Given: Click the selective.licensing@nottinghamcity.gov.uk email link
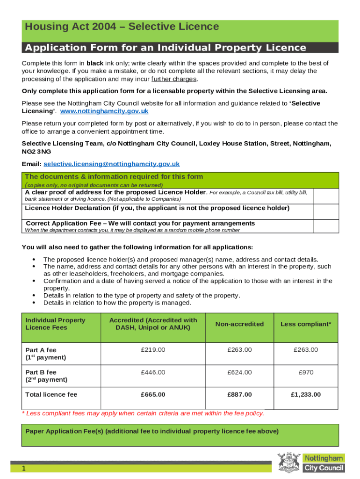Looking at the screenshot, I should (x=111, y=164).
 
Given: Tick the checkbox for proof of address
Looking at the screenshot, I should (x=325, y=196).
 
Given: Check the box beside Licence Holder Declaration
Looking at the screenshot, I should (x=325, y=211).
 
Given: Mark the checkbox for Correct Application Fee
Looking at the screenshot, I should (x=325, y=226).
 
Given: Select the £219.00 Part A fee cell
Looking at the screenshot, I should (x=153, y=350).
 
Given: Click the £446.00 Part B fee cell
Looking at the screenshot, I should (x=153, y=372).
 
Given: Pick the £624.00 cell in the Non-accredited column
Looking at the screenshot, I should (x=239, y=372).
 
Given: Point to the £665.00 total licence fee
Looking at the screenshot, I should (x=153, y=395).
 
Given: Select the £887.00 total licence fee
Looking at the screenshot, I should (x=239, y=395).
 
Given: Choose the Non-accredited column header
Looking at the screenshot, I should (x=239, y=324).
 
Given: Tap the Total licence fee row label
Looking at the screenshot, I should (x=51, y=395).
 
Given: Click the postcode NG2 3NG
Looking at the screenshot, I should (x=36, y=152).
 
